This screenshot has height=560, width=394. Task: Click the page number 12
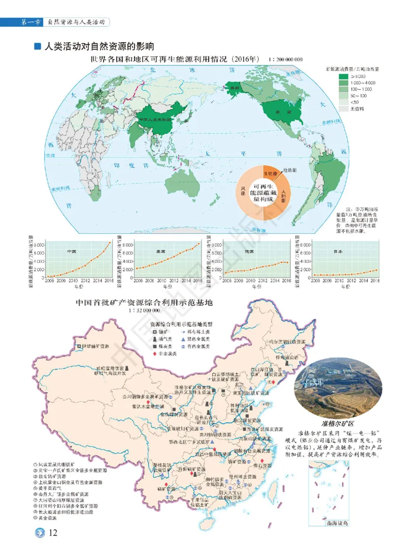coord(54,533)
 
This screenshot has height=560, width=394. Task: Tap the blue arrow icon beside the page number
coord(38,533)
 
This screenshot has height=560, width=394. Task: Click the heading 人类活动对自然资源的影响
coord(99,47)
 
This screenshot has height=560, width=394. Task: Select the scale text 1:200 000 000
coord(286,60)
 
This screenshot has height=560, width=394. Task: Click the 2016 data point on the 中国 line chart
coord(110,243)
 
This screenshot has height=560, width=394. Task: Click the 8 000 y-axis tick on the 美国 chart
coord(129,245)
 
